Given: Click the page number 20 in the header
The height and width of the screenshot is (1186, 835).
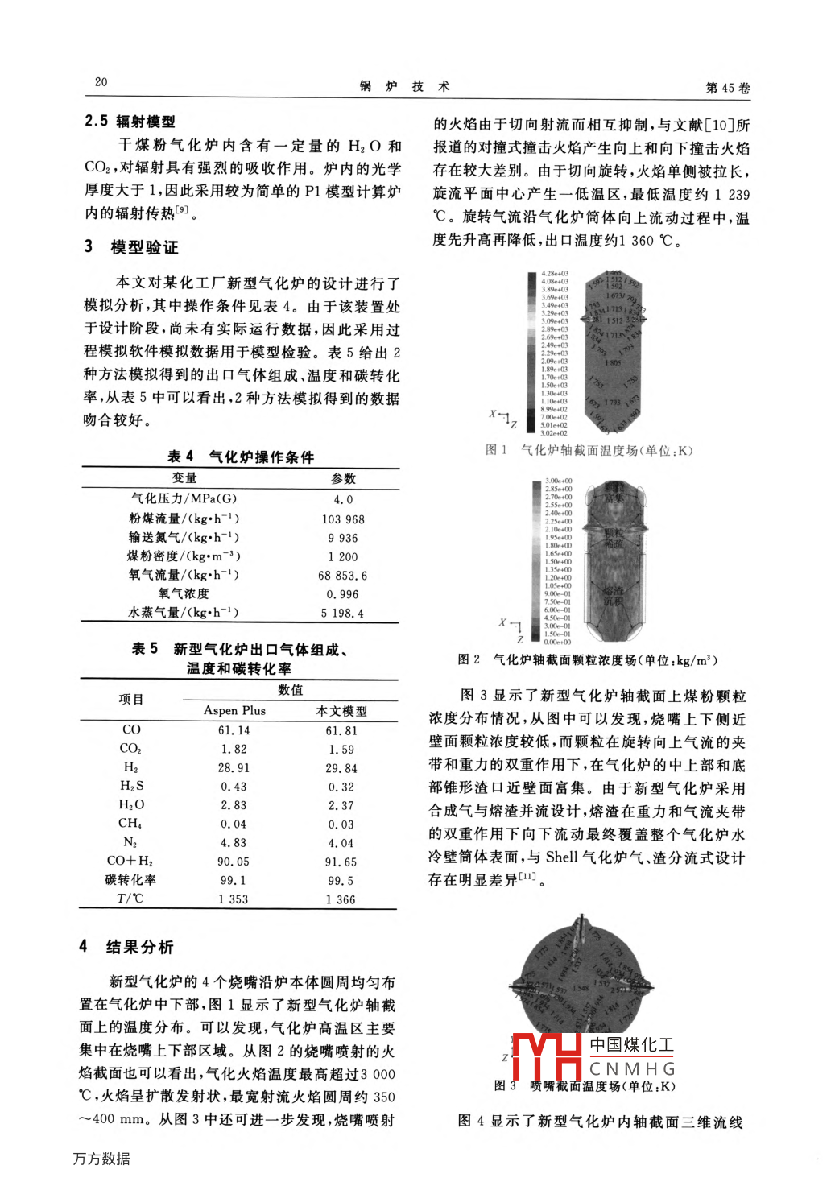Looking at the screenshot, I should coord(101,81).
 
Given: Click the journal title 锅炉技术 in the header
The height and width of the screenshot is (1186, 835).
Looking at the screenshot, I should coord(404,86).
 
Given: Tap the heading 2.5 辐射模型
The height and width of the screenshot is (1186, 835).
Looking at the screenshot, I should coord(130,121).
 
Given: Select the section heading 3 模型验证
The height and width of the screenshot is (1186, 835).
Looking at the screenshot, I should coord(131,246).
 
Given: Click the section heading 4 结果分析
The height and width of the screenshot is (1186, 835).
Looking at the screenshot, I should coord(126,947).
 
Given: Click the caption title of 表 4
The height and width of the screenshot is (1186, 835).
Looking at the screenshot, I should coord(240,457).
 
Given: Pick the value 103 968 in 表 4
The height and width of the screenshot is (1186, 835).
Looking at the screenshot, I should coord(343,519).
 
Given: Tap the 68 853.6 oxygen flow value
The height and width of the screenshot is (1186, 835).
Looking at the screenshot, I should coord(343,576).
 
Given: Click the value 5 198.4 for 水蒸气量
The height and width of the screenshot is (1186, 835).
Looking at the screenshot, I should coord(343,613).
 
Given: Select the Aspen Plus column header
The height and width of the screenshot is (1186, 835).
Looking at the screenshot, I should coord(234,710).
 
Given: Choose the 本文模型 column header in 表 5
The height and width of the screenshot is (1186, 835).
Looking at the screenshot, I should coord(341,711).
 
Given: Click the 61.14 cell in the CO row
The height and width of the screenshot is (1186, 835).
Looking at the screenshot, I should coord(234,730).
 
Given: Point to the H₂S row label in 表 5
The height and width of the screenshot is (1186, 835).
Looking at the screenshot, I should coord(131,786).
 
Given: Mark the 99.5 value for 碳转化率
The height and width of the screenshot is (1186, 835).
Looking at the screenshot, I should coord(341,881).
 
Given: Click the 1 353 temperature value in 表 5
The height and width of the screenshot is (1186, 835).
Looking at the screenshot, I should coord(234,899).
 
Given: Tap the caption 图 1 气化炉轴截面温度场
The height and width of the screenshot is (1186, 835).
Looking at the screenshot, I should coord(589,450).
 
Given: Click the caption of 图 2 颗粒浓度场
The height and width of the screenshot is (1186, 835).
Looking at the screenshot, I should coord(587,659).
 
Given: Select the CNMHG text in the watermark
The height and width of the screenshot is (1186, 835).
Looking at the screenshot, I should coord(632,1068).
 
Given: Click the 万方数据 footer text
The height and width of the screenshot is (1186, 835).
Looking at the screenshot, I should coord(101,1159).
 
